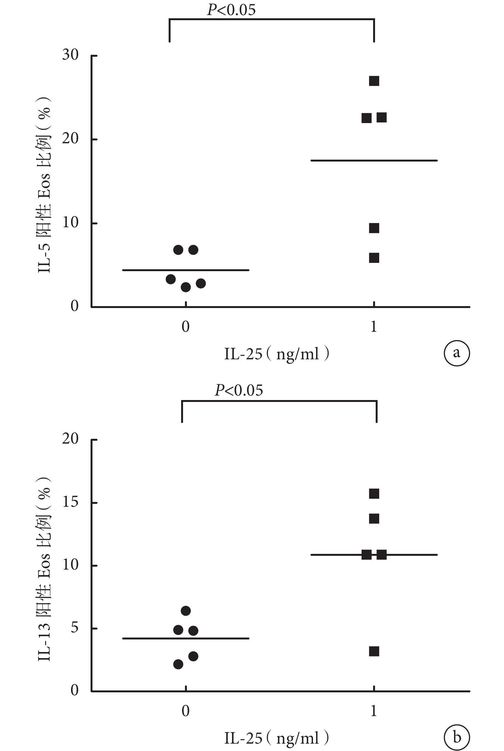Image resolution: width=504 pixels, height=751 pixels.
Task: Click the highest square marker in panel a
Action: click(x=374, y=81)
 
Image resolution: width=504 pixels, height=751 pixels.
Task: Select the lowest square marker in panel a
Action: click(x=374, y=258)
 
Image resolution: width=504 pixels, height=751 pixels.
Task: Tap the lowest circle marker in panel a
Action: click(x=186, y=287)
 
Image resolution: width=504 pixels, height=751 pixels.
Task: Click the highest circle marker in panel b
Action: click(x=186, y=611)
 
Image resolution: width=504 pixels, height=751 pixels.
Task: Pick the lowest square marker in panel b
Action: click(x=374, y=652)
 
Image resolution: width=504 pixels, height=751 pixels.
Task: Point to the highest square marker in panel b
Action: click(x=374, y=494)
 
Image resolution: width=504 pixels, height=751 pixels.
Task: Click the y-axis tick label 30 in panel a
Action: click(x=70, y=55)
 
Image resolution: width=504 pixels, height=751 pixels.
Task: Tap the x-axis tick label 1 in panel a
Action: click(x=373, y=327)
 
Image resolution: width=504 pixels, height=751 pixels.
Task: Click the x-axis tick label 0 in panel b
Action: click(x=186, y=711)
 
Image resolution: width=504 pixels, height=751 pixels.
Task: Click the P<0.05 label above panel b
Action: click(x=239, y=390)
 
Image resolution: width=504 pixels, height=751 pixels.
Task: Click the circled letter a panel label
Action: click(x=456, y=353)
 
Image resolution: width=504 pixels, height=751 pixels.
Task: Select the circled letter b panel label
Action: click(x=456, y=738)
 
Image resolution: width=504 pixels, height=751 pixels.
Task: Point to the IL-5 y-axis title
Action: click(x=44, y=185)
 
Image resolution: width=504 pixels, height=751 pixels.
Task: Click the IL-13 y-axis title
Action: click(x=44, y=569)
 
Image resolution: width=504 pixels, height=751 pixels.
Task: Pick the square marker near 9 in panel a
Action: click(x=374, y=228)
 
